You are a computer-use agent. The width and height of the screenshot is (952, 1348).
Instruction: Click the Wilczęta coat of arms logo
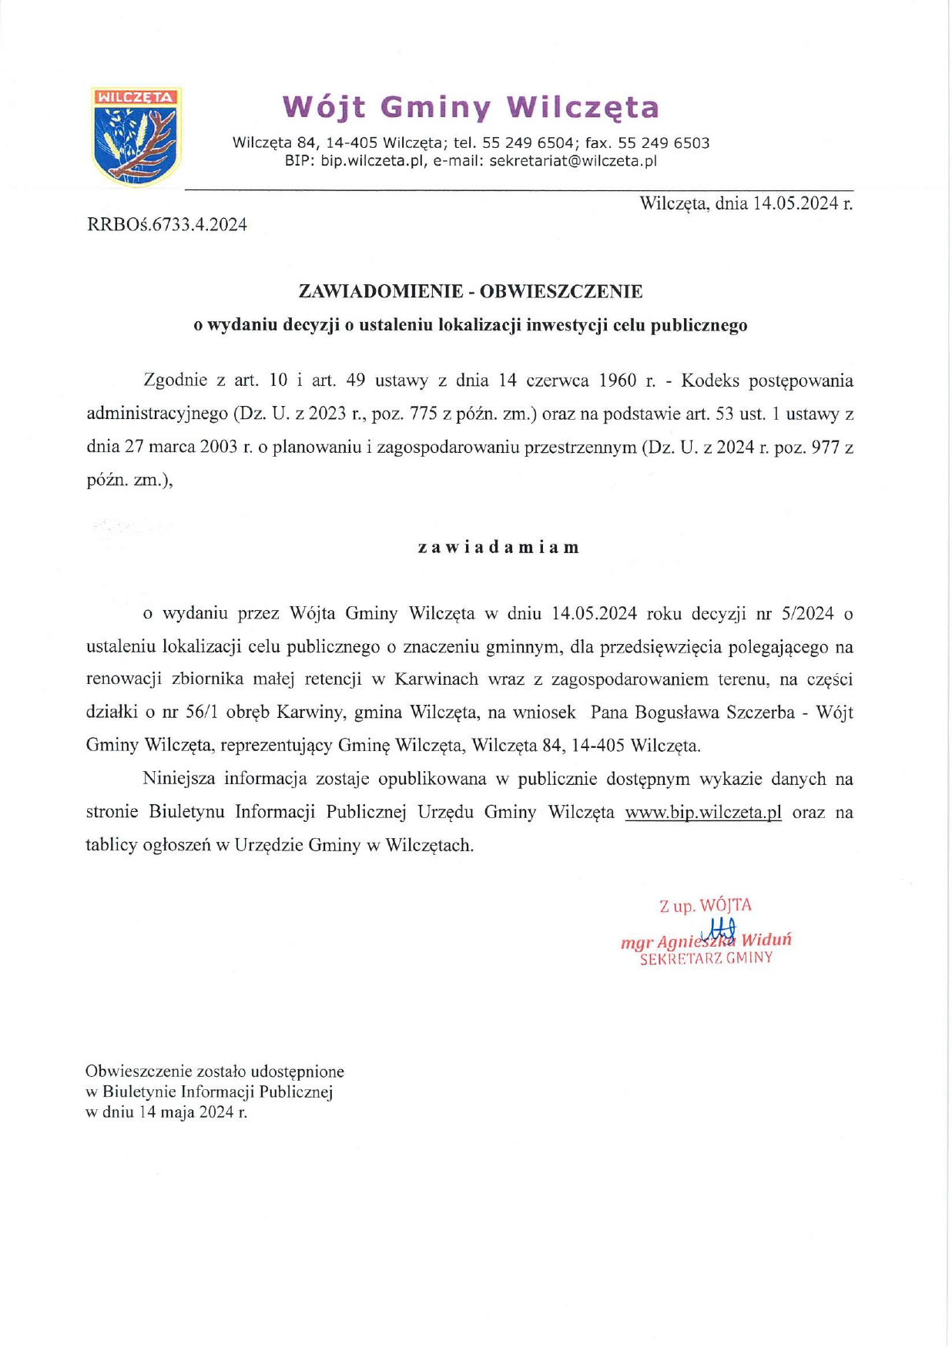coord(136,136)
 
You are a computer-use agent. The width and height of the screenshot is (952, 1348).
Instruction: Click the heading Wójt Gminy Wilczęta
coord(471,107)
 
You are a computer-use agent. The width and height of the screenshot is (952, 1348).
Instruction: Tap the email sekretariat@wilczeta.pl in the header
coord(573,161)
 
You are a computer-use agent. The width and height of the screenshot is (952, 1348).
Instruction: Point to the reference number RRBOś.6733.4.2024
coord(167,225)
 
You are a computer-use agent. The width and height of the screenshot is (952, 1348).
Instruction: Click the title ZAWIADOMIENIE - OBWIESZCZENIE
coord(471,291)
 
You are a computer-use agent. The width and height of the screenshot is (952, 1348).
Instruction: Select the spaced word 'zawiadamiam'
coord(498,548)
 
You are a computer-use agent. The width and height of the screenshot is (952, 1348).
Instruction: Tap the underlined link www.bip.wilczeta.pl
coord(703,812)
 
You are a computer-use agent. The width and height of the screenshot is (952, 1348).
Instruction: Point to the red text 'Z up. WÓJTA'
coord(705,906)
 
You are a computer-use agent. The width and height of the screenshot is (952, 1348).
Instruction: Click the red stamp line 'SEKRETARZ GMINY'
coord(706,958)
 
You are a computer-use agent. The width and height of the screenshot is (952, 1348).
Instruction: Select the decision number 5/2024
coord(807,613)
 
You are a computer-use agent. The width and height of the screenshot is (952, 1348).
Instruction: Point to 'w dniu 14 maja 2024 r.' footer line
coord(166,1112)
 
